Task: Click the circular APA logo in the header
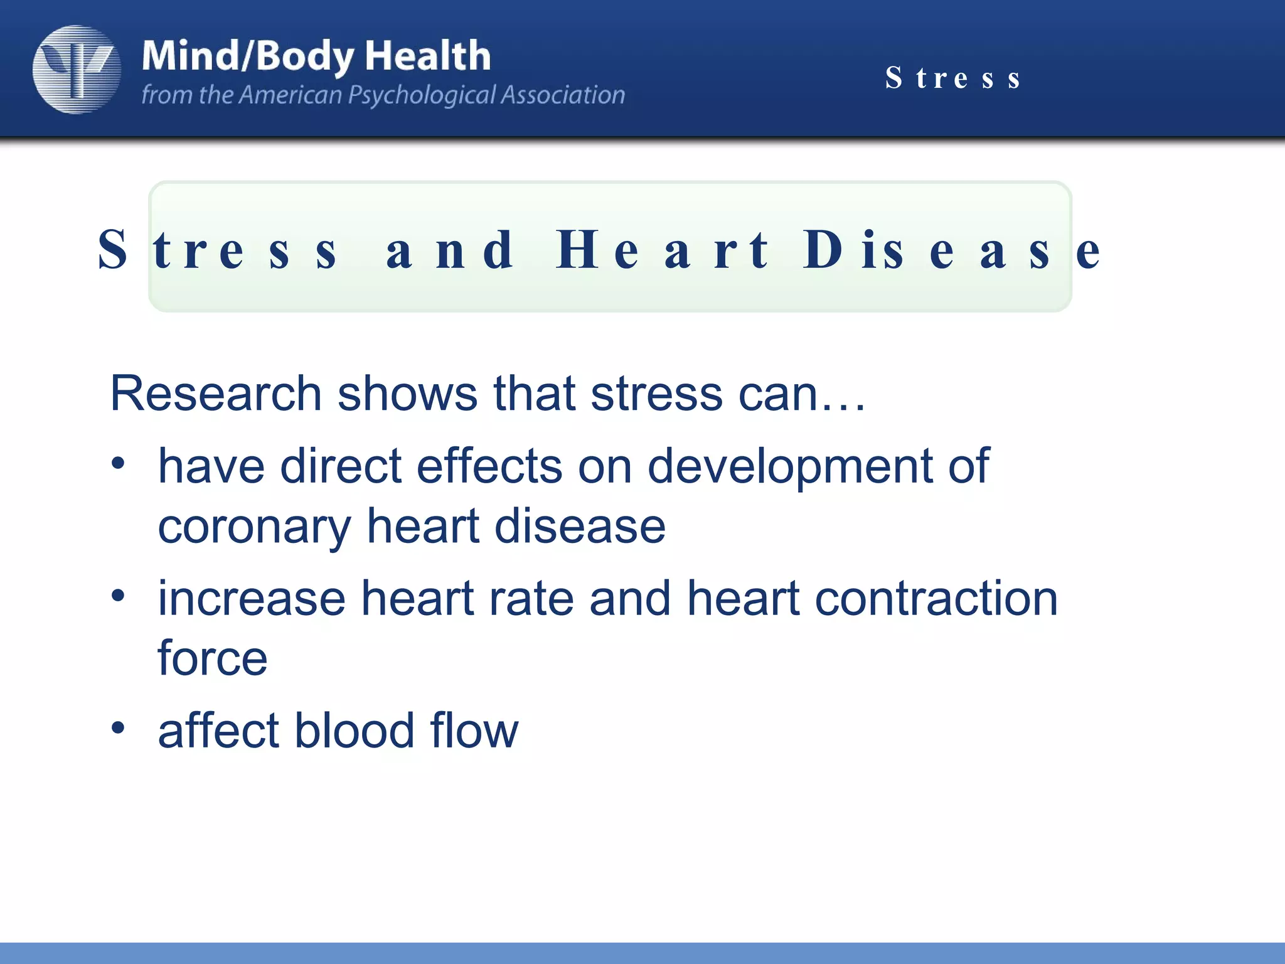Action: (x=77, y=70)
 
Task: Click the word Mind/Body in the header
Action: (x=248, y=56)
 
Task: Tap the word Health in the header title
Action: (x=428, y=56)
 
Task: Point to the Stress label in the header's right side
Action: (x=953, y=78)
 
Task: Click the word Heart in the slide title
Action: (x=661, y=250)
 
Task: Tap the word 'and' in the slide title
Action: (x=450, y=250)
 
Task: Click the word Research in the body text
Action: (x=216, y=394)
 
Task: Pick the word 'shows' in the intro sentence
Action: (x=407, y=394)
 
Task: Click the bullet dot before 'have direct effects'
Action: (x=118, y=464)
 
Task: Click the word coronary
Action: (x=254, y=527)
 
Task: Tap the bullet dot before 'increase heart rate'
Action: (x=118, y=596)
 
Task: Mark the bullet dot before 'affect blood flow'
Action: (x=118, y=728)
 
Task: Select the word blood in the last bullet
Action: (x=355, y=731)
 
